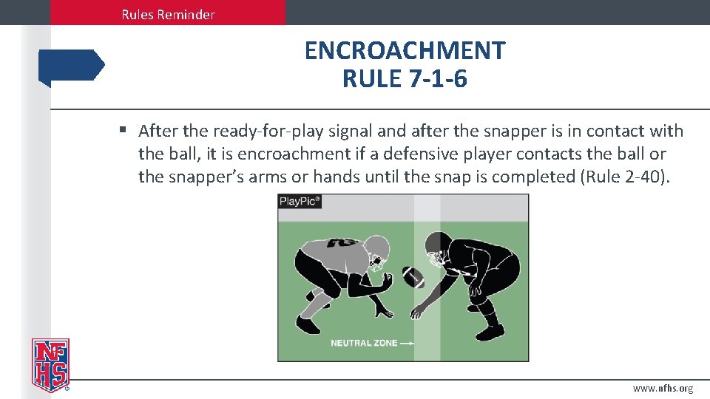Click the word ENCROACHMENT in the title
point(405,51)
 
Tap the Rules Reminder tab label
point(168,14)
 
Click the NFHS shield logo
point(50,364)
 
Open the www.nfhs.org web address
point(663,389)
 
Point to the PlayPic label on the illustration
point(300,202)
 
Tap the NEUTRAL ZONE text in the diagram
point(362,343)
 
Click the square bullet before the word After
point(124,131)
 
